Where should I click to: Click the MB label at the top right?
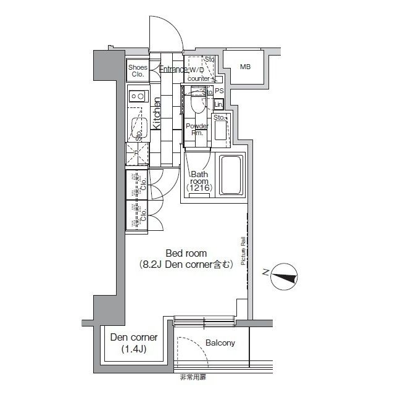click(246, 67)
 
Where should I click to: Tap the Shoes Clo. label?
click(137, 70)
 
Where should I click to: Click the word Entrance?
click(173, 70)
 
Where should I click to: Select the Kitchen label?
click(157, 115)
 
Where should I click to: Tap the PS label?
click(218, 91)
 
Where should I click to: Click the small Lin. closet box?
click(218, 103)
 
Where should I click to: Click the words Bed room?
click(186, 253)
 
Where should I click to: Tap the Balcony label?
click(220, 343)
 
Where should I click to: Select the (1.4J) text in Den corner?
click(134, 350)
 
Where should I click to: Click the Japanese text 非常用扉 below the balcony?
click(194, 376)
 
